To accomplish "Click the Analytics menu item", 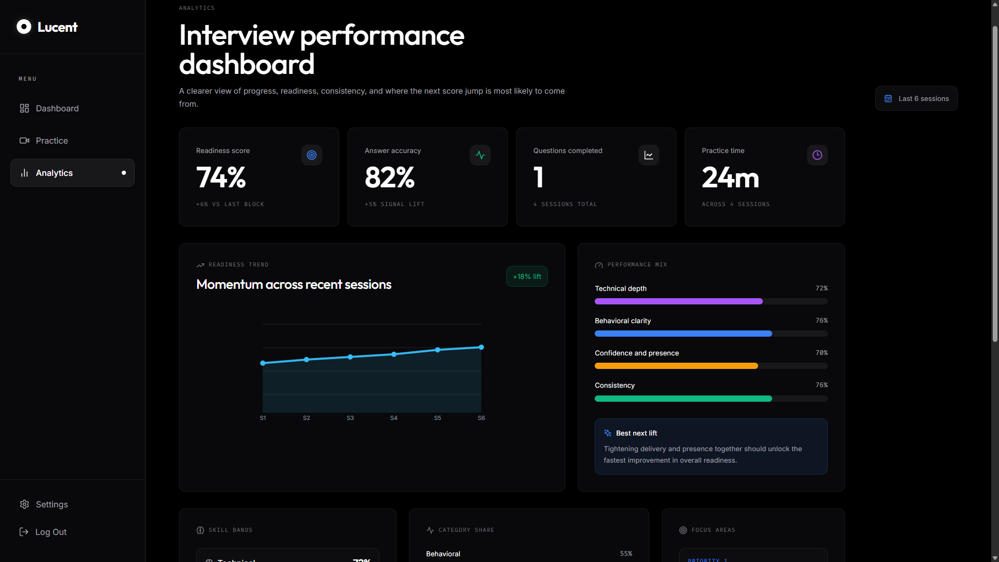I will click(x=54, y=173).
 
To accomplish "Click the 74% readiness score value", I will click(x=221, y=177).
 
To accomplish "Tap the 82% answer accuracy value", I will click(x=390, y=177).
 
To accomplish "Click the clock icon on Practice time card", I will click(x=817, y=155).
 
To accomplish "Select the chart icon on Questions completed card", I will click(x=648, y=155).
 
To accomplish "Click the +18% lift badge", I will click(x=527, y=276).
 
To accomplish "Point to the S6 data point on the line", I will click(x=481, y=347).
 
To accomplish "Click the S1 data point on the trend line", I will click(x=263, y=363).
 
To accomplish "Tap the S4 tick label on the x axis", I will click(x=394, y=418).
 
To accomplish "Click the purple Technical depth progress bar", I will click(x=678, y=301).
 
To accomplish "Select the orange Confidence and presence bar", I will click(x=676, y=366).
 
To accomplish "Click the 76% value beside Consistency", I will click(x=821, y=385).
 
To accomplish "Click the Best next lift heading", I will click(x=636, y=433).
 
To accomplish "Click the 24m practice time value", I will click(x=730, y=177).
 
